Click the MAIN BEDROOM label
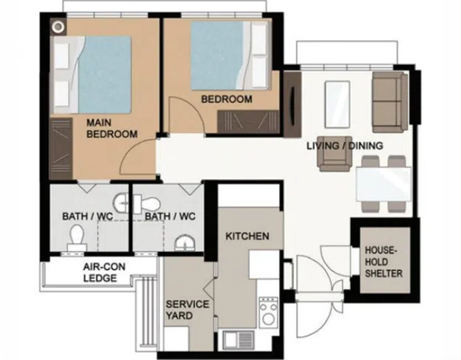coord(112,128)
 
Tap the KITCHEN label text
coord(247,236)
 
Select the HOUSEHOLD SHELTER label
coord(383,262)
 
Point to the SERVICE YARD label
coord(188,310)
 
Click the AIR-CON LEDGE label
coord(104,272)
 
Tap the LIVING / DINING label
coord(345,146)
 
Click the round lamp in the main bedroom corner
coord(58,27)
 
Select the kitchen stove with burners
coord(268,313)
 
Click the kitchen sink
coord(239,340)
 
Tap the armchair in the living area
coord(335,154)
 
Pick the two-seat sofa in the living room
coord(390,102)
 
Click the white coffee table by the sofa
coord(337,104)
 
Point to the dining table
coord(383,184)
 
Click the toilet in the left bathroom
coord(77,237)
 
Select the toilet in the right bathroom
coord(147,204)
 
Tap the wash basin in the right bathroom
coord(185,243)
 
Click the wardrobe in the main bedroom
coord(61,149)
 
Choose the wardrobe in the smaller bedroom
coord(248,121)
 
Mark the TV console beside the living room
coord(293,104)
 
